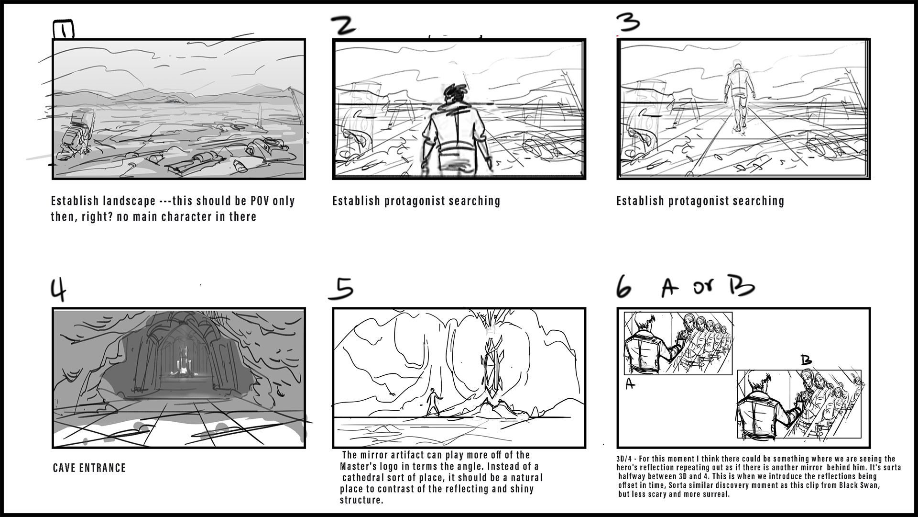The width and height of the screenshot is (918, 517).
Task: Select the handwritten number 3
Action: (x=627, y=22)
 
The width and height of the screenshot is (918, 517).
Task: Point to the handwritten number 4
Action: (x=58, y=289)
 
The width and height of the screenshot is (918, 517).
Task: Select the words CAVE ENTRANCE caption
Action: (x=89, y=468)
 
